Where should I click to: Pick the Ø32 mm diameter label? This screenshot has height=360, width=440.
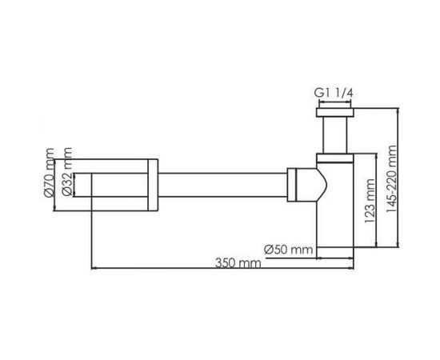tap(69, 178)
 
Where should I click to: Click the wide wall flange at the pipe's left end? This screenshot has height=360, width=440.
tap(124, 186)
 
